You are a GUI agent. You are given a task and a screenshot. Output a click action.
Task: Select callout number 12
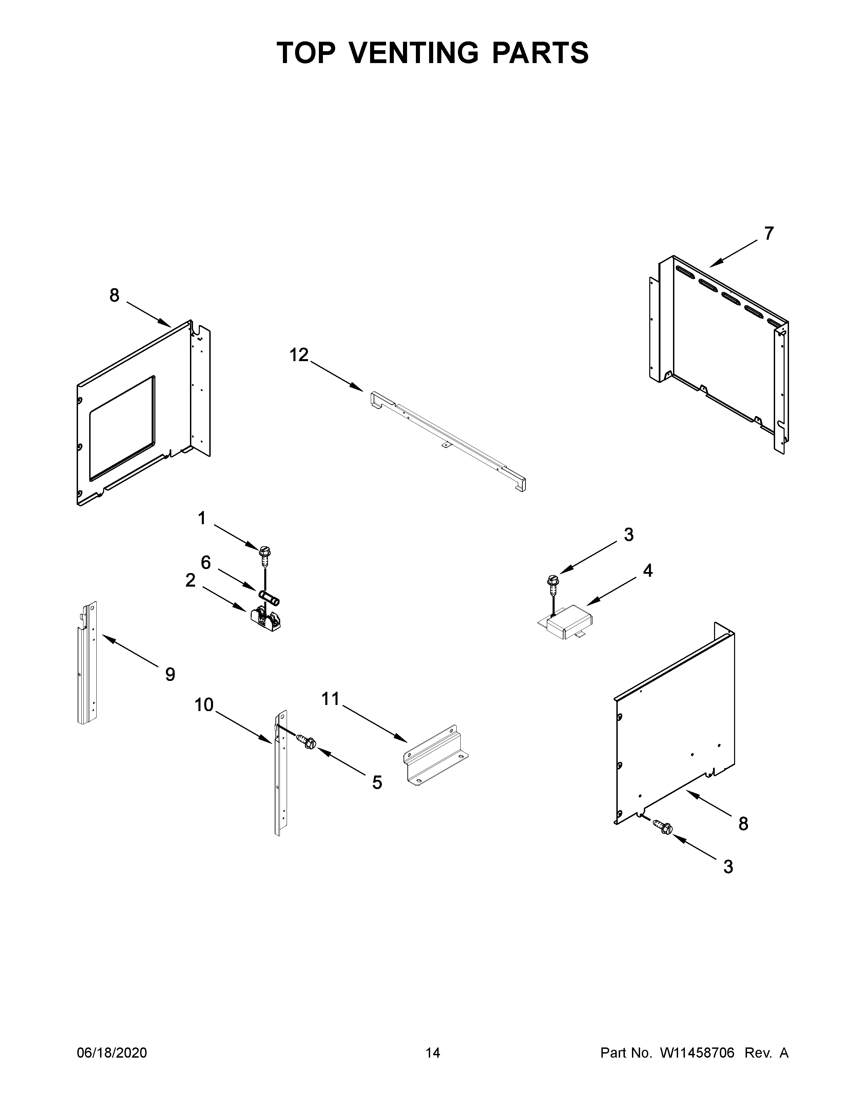299,355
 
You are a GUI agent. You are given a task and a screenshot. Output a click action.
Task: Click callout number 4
648,570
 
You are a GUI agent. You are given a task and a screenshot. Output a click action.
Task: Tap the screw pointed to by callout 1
265,554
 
